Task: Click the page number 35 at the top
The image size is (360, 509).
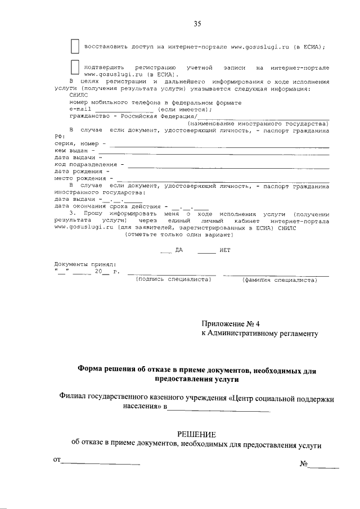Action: (x=197, y=24)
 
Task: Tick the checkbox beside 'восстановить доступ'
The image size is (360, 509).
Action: (x=74, y=46)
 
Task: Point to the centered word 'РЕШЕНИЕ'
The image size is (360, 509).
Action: (x=196, y=434)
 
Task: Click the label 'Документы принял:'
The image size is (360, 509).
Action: (x=84, y=264)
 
